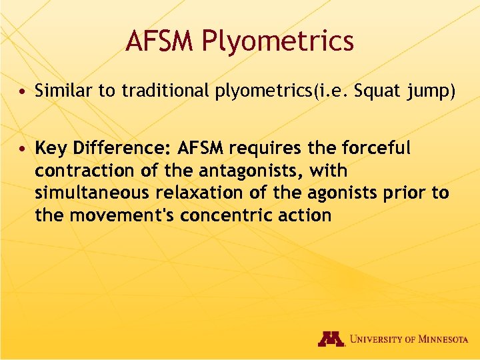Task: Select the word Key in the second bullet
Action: click(x=51, y=147)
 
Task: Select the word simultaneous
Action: click(x=93, y=193)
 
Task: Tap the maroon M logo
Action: click(x=331, y=339)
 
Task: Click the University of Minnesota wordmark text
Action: click(x=408, y=339)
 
